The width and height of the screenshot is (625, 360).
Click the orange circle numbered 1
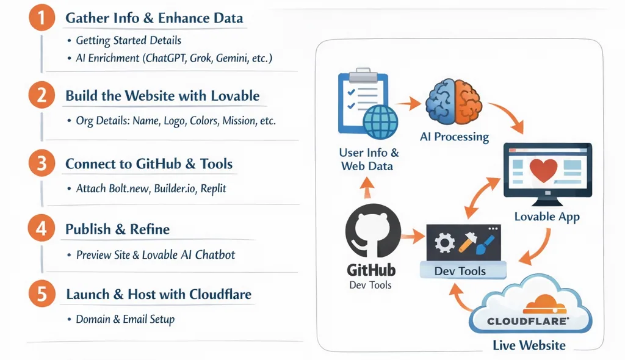(x=41, y=18)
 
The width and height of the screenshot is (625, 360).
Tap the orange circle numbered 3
(x=41, y=164)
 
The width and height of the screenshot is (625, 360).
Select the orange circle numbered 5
(x=41, y=294)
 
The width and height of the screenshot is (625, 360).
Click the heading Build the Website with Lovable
(x=162, y=96)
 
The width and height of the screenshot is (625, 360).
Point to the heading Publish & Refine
(x=118, y=229)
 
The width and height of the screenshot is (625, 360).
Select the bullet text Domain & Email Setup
(x=125, y=319)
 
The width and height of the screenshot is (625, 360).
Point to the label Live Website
(x=529, y=346)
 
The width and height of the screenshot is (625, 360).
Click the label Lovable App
(x=546, y=217)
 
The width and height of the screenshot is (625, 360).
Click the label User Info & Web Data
(x=369, y=159)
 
